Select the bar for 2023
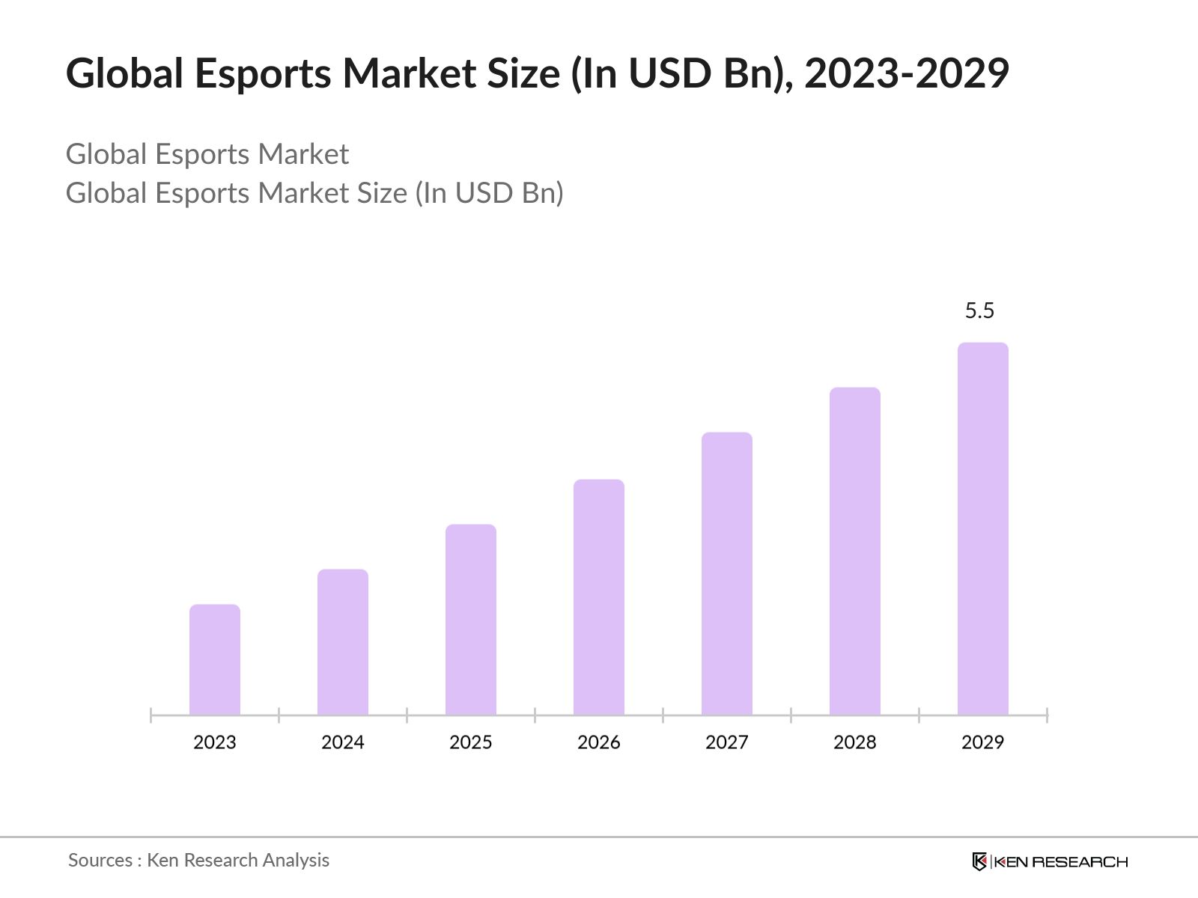215,659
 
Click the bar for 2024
343,642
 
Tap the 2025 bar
471,620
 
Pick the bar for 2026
599,597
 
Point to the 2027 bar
727,573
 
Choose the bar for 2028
855,551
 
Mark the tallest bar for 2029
983,528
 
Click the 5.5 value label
979,311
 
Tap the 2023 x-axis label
215,742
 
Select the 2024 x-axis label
343,742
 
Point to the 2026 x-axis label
599,742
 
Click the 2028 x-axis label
855,742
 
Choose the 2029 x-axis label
983,742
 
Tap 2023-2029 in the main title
907,74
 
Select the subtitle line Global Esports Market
207,154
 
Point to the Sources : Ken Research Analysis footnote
199,860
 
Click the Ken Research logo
1050,861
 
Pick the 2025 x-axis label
471,742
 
